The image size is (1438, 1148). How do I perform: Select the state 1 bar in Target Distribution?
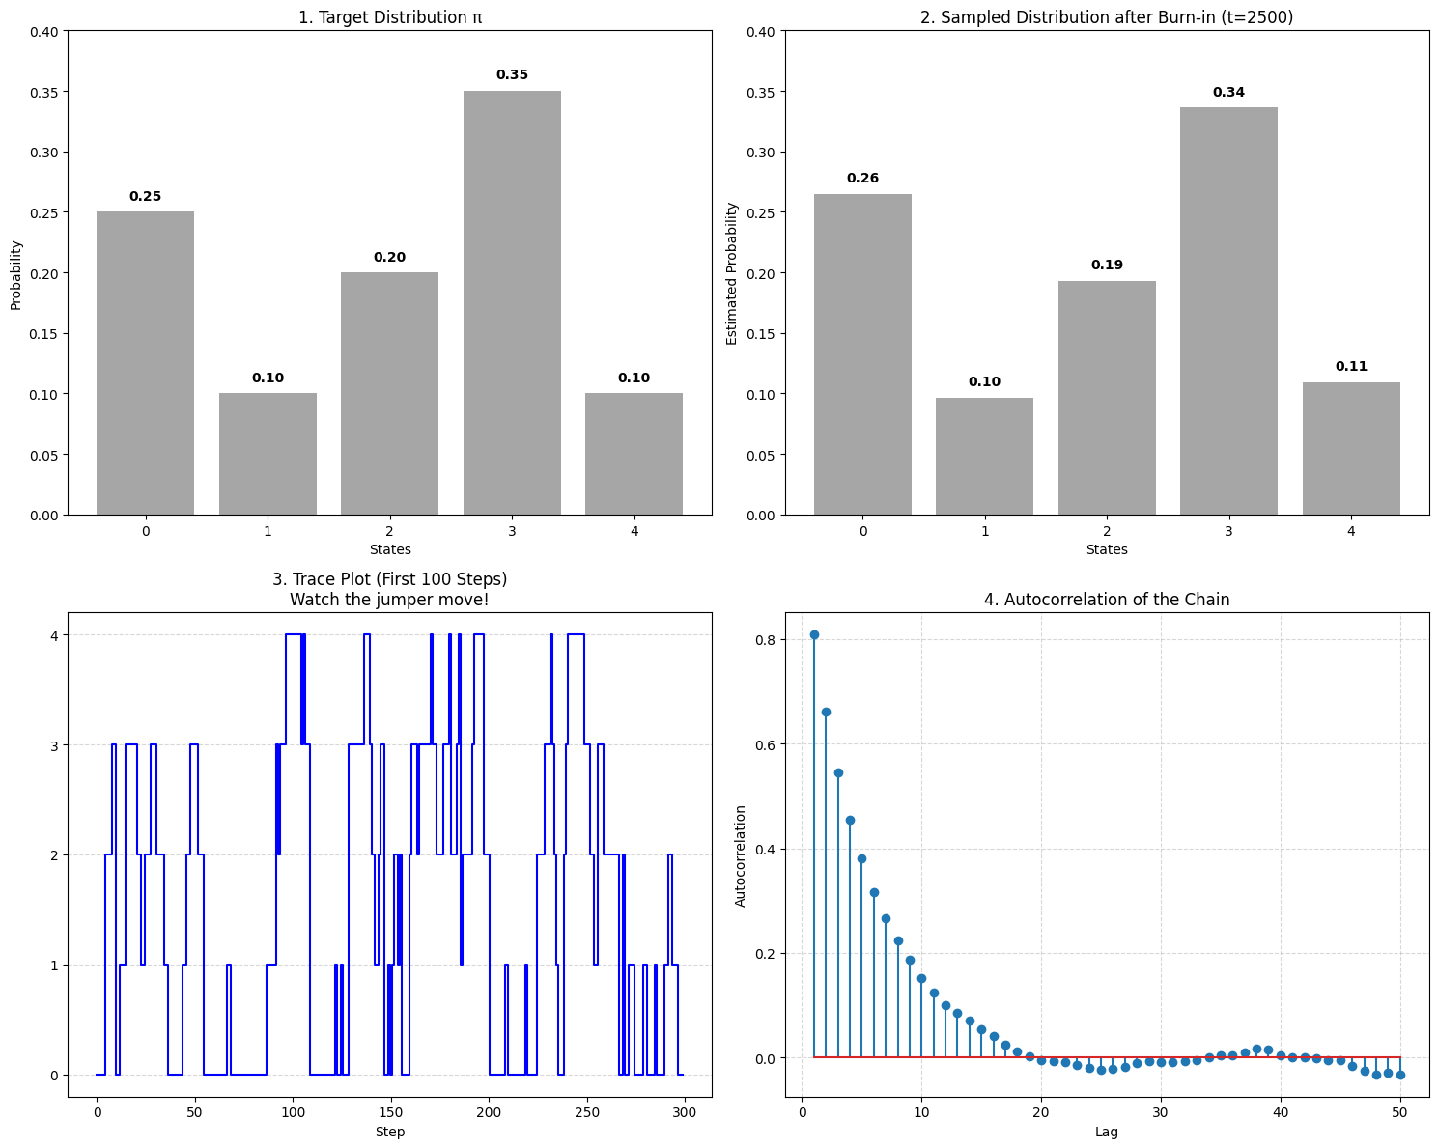click(x=268, y=454)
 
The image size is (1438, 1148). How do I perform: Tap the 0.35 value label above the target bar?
click(x=512, y=75)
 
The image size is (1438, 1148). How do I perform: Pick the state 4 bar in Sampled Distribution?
click(x=1351, y=448)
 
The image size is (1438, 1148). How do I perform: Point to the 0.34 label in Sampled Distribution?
click(x=1228, y=93)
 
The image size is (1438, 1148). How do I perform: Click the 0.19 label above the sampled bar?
click(x=1107, y=266)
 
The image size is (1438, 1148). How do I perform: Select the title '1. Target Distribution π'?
click(x=389, y=17)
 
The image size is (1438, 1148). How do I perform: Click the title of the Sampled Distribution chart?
click(x=1107, y=17)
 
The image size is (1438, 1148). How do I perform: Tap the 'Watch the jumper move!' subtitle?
click(x=389, y=600)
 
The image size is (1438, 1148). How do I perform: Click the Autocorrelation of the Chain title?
click(x=1107, y=600)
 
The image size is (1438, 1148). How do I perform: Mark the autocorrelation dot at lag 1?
click(x=814, y=634)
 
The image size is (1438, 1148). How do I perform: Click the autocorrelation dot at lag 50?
click(x=1400, y=1075)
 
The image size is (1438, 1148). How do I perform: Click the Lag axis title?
click(x=1107, y=1132)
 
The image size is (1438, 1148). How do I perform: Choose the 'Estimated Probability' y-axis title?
click(x=732, y=273)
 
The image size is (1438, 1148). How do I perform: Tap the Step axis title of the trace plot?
click(x=389, y=1132)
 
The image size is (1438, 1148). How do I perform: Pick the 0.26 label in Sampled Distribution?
click(x=862, y=179)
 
